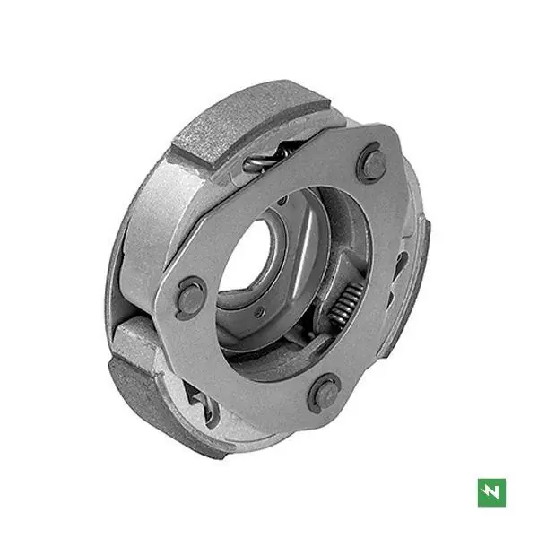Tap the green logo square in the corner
(491, 491)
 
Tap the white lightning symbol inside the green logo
(491, 491)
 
